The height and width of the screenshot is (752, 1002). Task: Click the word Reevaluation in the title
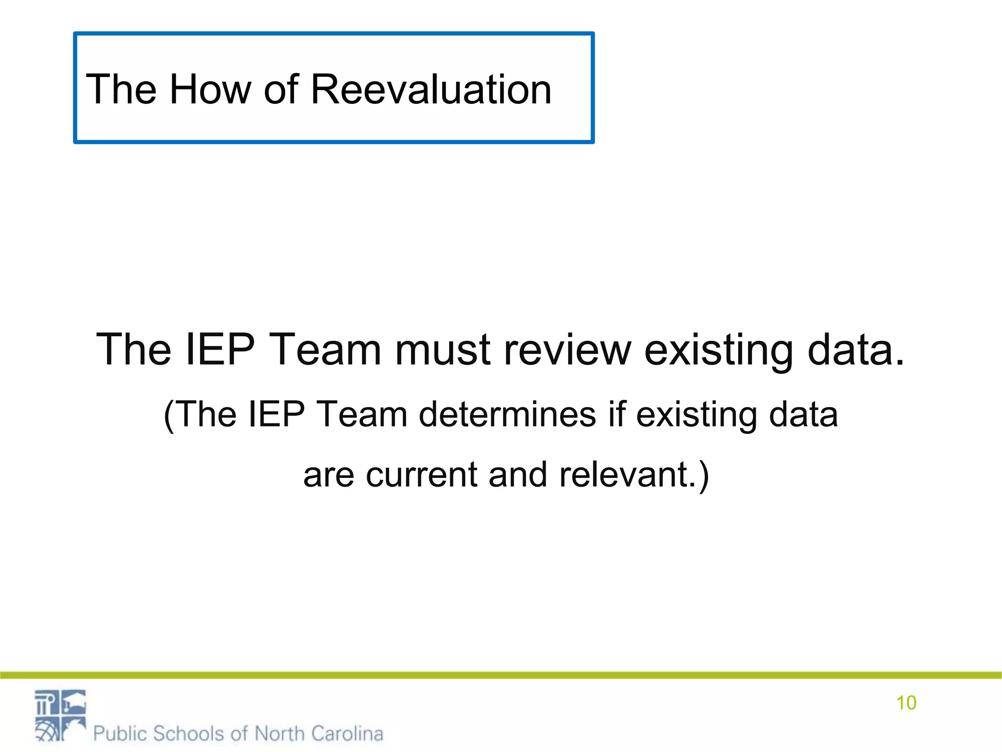pos(431,89)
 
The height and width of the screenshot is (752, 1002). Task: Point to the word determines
pos(507,415)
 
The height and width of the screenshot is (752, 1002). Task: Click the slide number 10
pos(906,703)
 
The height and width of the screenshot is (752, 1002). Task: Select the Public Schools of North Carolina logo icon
pos(60,715)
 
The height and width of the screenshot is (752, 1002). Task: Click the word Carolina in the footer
pos(347,733)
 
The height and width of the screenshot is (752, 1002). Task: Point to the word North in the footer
pos(280,733)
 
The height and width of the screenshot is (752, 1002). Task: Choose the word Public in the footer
pos(120,733)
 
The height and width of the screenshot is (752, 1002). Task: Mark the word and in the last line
pos(518,474)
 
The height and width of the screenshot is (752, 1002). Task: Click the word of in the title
pos(281,89)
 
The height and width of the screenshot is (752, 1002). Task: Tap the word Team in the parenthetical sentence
pos(362,415)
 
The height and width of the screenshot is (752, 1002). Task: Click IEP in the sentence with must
pos(220,349)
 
